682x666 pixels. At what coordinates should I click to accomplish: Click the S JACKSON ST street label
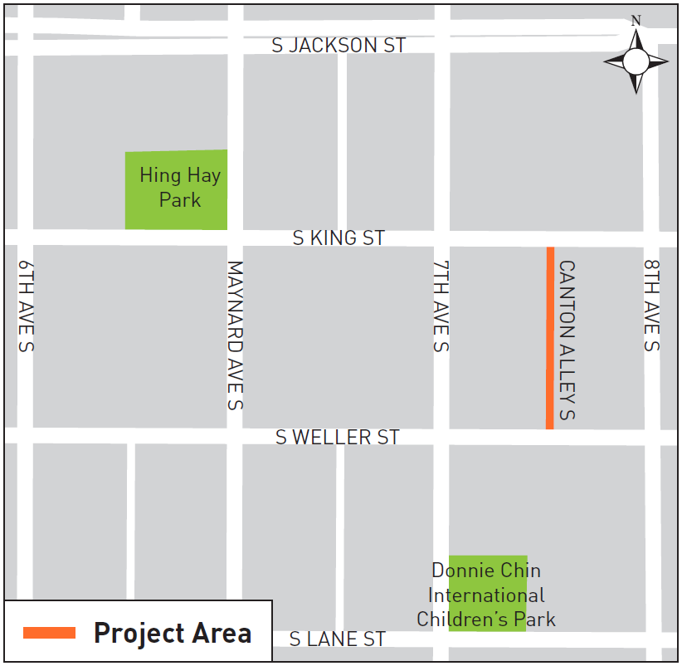[x=339, y=45]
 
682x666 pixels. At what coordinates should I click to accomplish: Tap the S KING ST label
[x=339, y=238]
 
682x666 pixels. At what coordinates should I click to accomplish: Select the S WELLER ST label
[x=338, y=437]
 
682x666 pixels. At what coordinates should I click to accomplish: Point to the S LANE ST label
[x=338, y=639]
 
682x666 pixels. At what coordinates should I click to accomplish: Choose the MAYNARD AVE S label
[x=235, y=335]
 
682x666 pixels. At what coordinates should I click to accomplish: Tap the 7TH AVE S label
[x=441, y=306]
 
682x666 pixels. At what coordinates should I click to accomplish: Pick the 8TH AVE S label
[x=651, y=305]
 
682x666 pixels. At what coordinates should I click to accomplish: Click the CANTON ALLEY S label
[x=567, y=340]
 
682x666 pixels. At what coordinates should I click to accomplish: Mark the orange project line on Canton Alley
[x=550, y=338]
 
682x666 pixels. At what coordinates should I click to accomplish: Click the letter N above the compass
[x=636, y=20]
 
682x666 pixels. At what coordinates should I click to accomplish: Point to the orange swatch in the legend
[x=50, y=633]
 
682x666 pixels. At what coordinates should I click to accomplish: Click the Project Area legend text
[x=173, y=633]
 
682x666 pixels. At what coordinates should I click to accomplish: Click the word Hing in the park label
[x=158, y=175]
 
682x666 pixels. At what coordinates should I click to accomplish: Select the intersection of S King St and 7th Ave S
[x=441, y=238]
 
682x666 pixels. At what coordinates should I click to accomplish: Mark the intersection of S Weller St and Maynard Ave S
[x=235, y=436]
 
